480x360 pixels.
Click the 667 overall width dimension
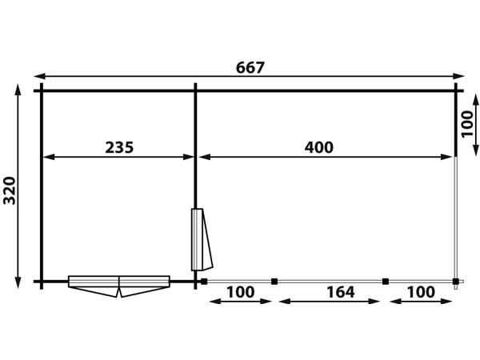click(x=250, y=68)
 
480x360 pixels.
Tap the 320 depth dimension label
click(x=10, y=190)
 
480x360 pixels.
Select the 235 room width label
click(x=119, y=147)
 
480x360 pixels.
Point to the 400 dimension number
click(x=318, y=147)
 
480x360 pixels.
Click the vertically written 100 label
click(x=467, y=125)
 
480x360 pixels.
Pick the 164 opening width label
click(x=341, y=292)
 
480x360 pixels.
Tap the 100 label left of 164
click(x=240, y=292)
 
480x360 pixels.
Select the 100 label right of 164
click(x=421, y=292)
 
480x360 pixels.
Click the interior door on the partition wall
click(x=202, y=239)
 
